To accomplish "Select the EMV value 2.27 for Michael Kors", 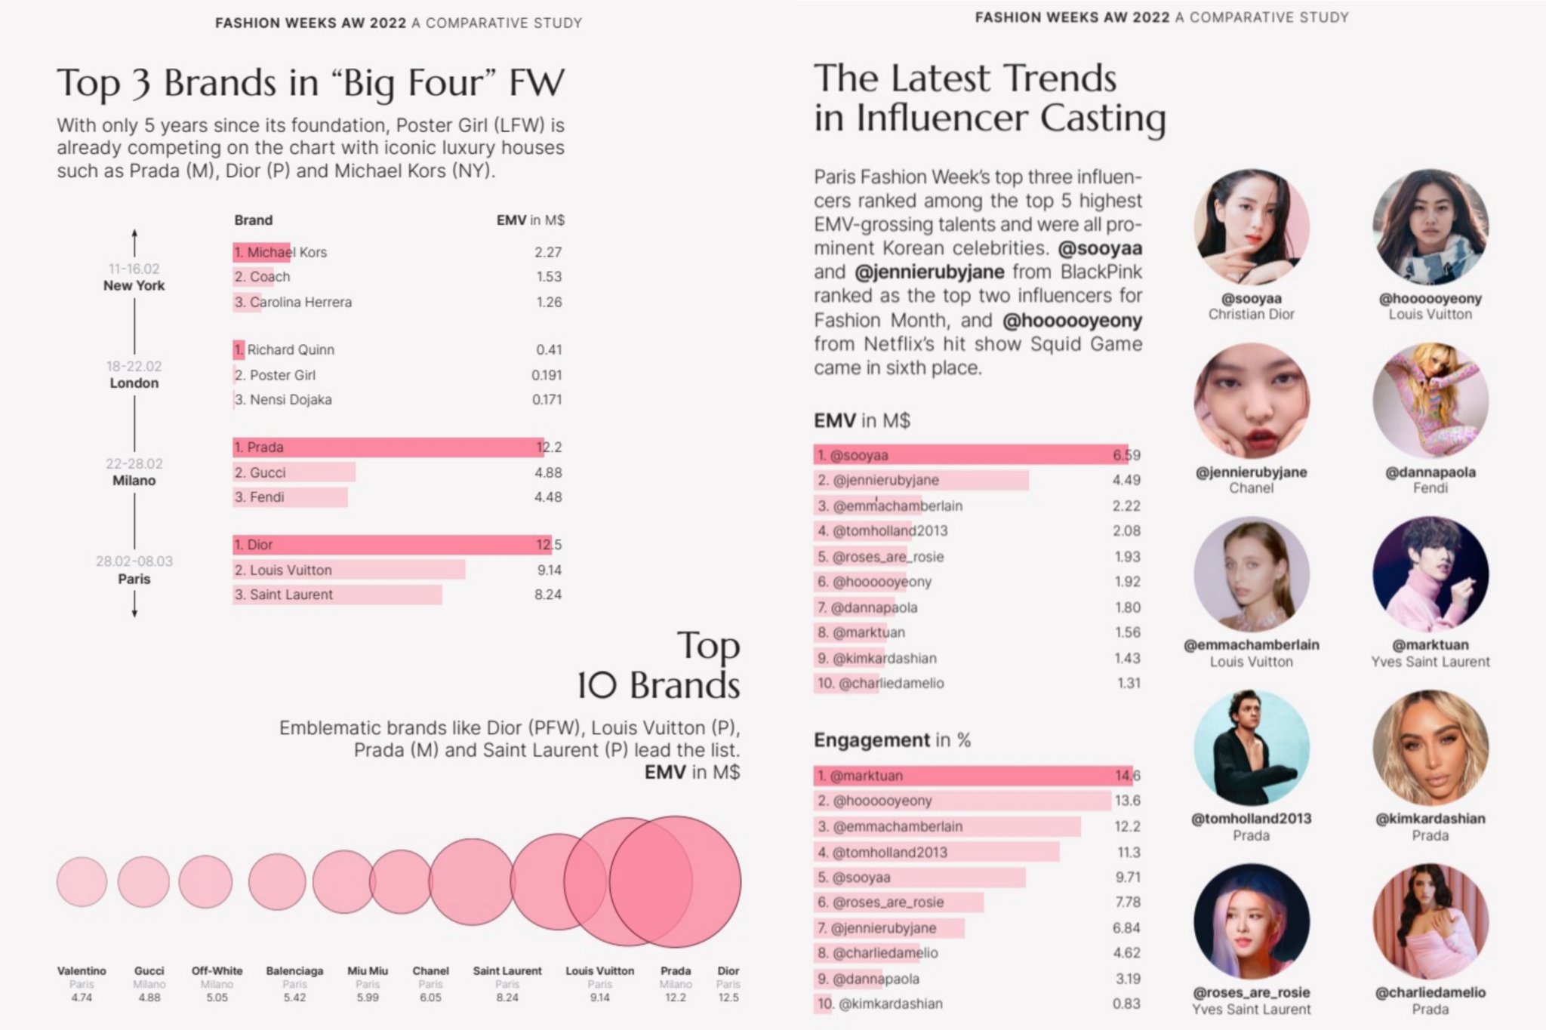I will pos(548,252).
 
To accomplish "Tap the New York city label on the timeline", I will pos(134,286).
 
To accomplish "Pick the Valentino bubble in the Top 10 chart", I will pos(82,881).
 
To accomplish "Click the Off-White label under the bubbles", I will pos(217,971).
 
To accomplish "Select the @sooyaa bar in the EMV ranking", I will pos(970,455).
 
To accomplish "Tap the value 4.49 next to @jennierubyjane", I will pos(1126,480).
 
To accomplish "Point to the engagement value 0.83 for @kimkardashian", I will pos(1126,1004).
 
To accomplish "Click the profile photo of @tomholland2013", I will pos(1251,748).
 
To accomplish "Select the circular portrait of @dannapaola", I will pos(1431,401).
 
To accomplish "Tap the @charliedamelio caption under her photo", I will pos(1431,993).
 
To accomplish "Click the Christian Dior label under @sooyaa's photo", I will pos(1251,315).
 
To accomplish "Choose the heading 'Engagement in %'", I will pos(892,740).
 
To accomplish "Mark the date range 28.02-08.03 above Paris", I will pos(134,561).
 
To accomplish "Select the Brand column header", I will pos(253,220).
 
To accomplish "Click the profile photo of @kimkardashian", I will pos(1431,748).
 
